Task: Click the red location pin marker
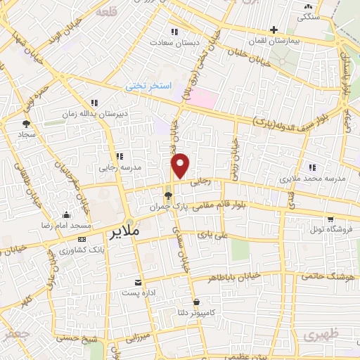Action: (x=181, y=165)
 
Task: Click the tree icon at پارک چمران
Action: (x=167, y=196)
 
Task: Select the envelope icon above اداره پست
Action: (x=138, y=281)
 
